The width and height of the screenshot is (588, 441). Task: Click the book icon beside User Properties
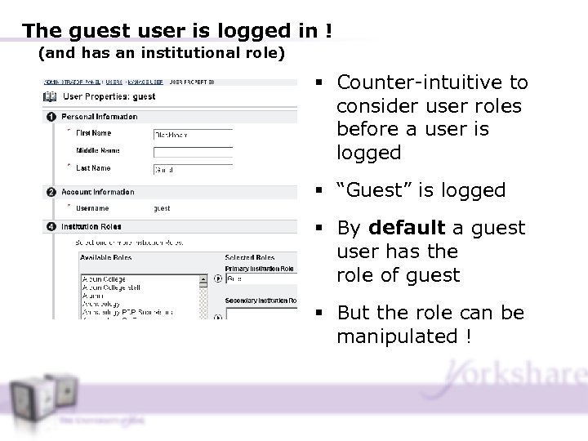pos(49,96)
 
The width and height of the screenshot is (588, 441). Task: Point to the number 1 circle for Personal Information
pos(51,117)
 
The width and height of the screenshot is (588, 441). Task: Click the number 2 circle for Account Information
pos(51,192)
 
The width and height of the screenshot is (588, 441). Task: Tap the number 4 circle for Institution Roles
pos(51,226)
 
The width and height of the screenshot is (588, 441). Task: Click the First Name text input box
pos(193,134)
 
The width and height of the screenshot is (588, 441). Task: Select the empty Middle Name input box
pos(193,152)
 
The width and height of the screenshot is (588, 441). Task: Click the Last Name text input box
pos(193,170)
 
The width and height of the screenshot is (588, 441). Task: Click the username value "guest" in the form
pos(162,209)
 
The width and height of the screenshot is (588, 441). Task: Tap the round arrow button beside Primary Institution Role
pos(217,278)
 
